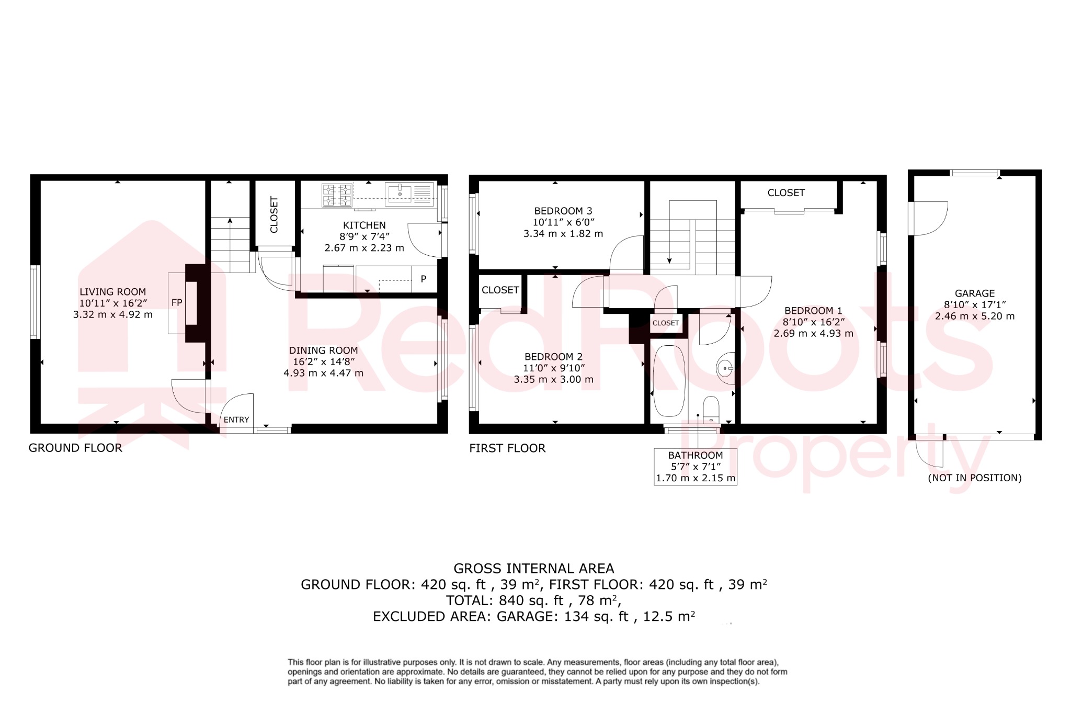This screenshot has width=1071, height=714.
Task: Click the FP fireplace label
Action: point(177,303)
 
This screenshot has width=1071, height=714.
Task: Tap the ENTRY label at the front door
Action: point(236,420)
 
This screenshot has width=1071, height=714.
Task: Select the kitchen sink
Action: point(400,194)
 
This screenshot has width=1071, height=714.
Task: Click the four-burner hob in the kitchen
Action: point(337,195)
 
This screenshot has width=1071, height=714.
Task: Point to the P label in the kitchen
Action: point(424,279)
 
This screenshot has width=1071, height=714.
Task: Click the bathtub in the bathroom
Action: point(669,381)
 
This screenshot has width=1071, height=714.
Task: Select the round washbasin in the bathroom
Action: point(725,368)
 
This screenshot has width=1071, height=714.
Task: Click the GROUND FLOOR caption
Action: point(75,448)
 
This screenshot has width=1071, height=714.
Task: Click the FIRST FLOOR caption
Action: point(507,448)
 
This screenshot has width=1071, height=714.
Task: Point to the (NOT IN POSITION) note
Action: point(975,478)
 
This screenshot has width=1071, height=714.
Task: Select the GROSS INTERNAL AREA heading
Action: point(533,568)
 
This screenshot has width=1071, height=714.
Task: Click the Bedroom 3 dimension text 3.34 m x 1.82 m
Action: point(563,234)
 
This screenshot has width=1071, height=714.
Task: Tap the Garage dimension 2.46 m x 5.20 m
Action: point(975,316)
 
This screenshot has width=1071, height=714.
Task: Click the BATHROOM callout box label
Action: point(696,456)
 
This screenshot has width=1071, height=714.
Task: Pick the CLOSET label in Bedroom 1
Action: point(786,193)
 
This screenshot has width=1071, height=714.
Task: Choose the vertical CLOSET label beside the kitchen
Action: point(274,214)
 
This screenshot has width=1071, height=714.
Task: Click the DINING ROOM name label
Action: point(323,350)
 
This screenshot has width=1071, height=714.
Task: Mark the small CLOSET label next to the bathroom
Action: point(666,323)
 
